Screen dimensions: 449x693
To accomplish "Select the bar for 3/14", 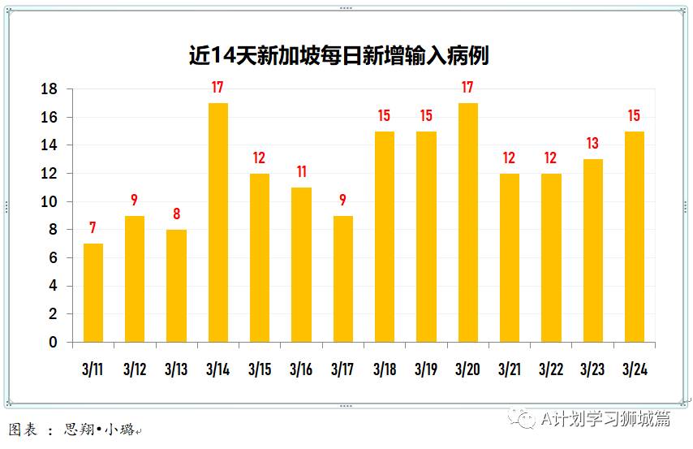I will pos(217,222).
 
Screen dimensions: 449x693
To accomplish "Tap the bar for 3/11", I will pos(93,292).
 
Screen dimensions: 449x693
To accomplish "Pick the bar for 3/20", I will pos(467,222).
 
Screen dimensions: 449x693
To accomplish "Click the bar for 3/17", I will pos(342,278).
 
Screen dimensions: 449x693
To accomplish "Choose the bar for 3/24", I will pos(634,236).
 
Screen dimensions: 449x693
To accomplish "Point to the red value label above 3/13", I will pos(176,214).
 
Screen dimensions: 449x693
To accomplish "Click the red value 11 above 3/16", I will pos(301,172).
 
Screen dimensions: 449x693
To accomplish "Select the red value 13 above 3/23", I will pos(592,144).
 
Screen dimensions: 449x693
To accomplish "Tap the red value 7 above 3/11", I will pos(93,228).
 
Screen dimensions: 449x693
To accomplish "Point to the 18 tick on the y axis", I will pos(49,89).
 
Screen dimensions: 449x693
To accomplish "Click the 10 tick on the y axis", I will pos(49,201).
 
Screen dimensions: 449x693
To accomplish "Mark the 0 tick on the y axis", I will pos(54,342).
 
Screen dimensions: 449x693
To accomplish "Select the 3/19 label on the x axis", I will pos(426,369).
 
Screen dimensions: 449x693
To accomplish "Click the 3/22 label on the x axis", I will pos(551,369).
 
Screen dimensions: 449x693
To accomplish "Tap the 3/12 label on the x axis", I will pos(135,369).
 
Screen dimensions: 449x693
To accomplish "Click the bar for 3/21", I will pos(509,257).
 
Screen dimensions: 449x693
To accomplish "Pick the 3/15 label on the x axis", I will pos(260,369).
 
